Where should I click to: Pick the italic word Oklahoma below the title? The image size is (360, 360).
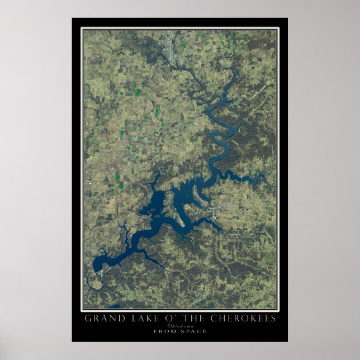(180, 325)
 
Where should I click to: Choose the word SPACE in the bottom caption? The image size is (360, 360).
(195, 331)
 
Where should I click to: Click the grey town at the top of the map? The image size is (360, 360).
(170, 53)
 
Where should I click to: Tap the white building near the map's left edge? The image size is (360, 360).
(89, 181)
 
